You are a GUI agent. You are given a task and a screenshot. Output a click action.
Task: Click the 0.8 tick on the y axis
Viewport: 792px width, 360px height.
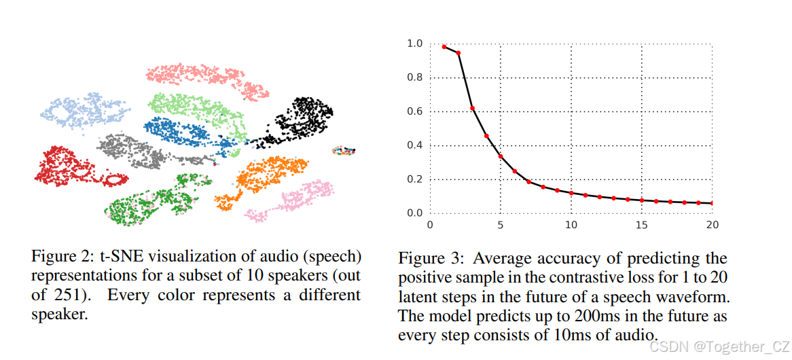414,78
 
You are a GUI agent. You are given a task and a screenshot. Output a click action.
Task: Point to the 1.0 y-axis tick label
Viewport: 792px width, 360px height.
414,44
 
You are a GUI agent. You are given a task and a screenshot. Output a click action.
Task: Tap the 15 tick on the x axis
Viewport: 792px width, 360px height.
642,224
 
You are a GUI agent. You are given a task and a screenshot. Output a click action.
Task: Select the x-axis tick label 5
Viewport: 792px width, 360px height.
500,224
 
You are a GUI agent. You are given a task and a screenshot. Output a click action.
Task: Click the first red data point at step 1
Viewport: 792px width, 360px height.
444,47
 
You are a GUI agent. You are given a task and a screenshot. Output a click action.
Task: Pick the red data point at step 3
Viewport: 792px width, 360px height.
472,109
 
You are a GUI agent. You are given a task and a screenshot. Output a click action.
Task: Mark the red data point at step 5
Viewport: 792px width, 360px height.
501,157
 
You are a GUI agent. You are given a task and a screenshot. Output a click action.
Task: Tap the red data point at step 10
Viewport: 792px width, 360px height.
571,193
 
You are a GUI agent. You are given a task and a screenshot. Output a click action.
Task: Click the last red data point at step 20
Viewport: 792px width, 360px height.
712,203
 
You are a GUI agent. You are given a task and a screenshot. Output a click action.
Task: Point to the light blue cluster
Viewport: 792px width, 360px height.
82,110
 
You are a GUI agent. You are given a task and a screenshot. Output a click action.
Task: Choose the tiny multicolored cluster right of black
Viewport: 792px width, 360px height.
343,151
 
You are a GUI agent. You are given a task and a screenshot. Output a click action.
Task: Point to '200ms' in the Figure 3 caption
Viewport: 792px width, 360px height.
564,316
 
